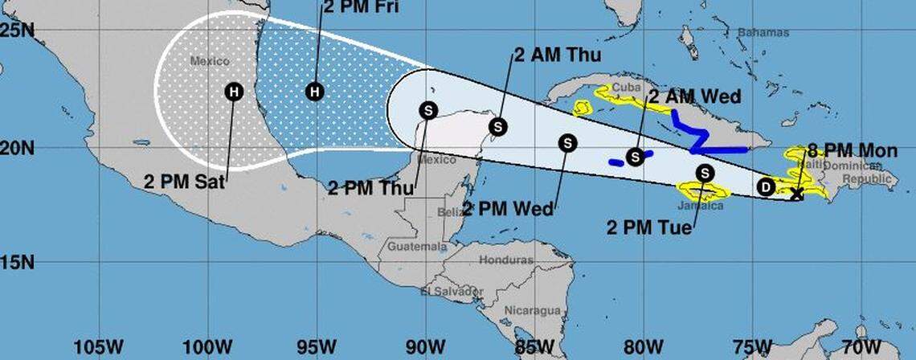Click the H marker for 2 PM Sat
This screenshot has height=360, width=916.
(x=233, y=92)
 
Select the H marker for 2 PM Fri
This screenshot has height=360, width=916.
(x=315, y=92)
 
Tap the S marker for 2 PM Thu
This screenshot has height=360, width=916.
(x=428, y=111)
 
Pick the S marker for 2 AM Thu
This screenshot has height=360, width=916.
(x=498, y=126)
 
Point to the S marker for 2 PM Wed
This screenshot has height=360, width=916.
(x=568, y=143)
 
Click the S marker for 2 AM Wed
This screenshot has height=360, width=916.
(x=636, y=156)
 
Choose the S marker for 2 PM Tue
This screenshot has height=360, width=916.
(x=705, y=173)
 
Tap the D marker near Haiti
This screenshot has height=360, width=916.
(x=766, y=187)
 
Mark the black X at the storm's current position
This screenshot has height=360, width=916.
(x=796, y=194)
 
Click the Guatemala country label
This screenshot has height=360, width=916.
(x=416, y=247)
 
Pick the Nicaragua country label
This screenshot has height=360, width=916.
(x=531, y=310)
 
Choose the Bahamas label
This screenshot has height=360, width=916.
(x=763, y=33)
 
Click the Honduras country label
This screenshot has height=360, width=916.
(x=506, y=260)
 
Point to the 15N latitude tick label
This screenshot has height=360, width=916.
(x=17, y=263)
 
